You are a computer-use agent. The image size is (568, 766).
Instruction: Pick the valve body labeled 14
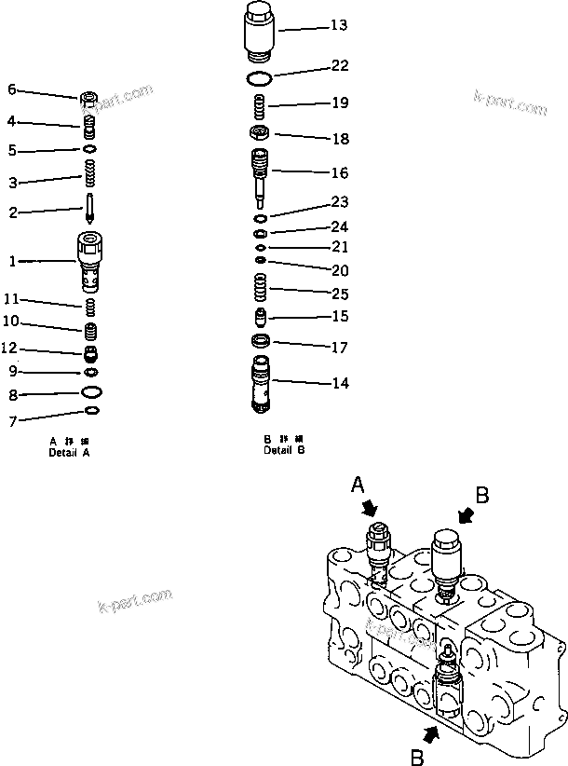[x=262, y=382]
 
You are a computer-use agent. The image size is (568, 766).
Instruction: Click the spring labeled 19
[x=262, y=103]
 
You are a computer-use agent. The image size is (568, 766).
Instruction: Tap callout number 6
[x=12, y=89]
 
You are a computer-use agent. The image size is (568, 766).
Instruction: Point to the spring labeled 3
[x=90, y=173]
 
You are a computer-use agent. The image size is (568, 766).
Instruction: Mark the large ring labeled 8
[x=90, y=391]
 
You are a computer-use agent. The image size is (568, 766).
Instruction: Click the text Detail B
[x=284, y=450]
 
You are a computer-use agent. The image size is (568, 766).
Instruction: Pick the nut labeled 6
[x=89, y=97]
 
